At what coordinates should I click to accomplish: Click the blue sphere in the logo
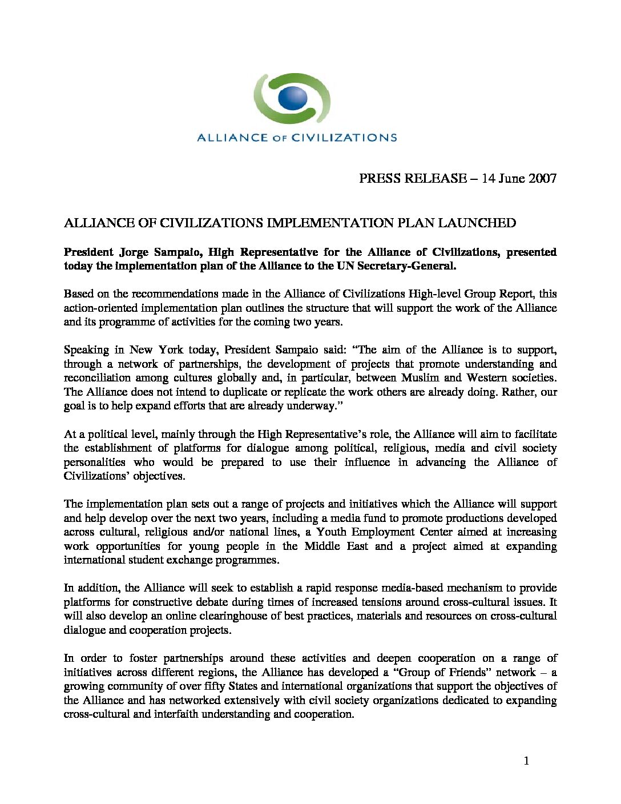coord(293,98)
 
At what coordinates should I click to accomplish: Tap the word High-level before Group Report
coord(434,294)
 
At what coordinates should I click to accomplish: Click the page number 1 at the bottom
coord(526,761)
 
